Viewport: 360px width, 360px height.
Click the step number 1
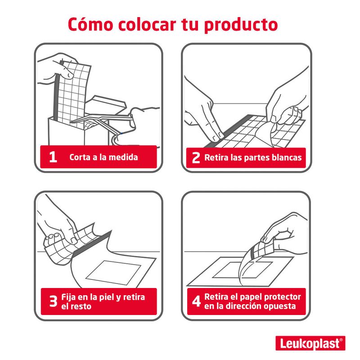click(x=53, y=157)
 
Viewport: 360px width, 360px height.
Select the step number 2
click(x=196, y=158)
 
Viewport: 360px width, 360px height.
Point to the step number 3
click(x=53, y=301)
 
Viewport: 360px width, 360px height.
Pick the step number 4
click(x=197, y=301)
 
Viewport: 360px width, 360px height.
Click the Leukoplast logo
click(x=310, y=343)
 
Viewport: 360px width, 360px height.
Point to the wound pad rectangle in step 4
click(x=243, y=270)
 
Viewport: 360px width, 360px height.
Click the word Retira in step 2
click(x=216, y=157)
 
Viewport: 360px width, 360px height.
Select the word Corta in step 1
click(x=80, y=157)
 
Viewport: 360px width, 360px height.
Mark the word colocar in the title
click(x=147, y=24)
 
